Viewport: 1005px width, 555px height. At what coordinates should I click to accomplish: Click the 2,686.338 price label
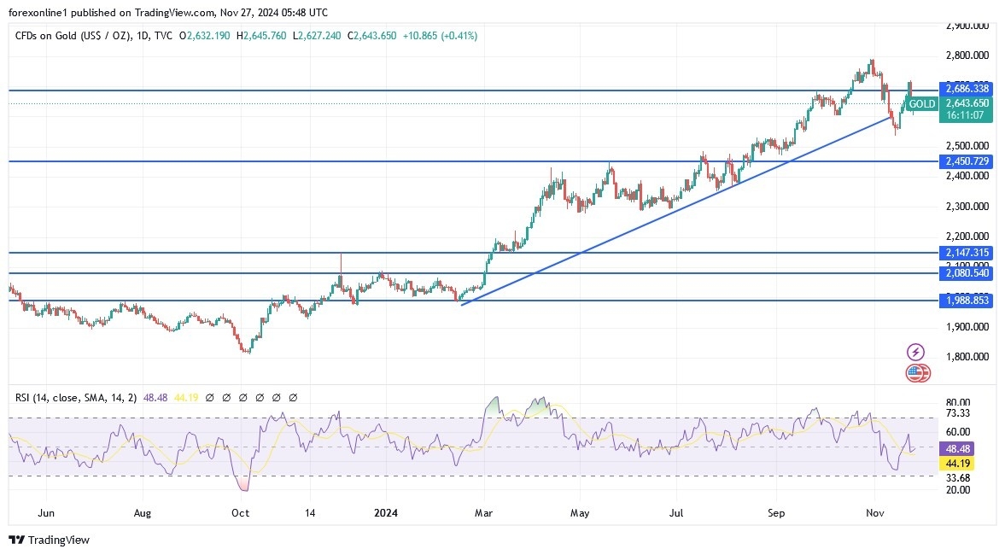pyautogui.click(x=967, y=88)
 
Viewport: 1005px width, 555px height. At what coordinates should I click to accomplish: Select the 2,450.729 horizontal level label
pyautogui.click(x=967, y=161)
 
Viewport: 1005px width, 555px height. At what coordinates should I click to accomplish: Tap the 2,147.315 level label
pyautogui.click(x=967, y=253)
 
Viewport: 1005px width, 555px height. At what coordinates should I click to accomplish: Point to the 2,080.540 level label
pyautogui.click(x=967, y=272)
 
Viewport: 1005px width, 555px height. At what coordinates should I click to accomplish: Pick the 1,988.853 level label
pyautogui.click(x=967, y=300)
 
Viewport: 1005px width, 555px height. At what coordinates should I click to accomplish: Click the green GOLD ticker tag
pyautogui.click(x=921, y=104)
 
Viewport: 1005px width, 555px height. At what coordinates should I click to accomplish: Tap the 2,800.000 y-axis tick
pyautogui.click(x=967, y=55)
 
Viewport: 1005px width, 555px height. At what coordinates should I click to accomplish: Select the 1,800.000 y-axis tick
pyautogui.click(x=967, y=357)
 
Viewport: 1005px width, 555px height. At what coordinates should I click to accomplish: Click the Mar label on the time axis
pyautogui.click(x=484, y=513)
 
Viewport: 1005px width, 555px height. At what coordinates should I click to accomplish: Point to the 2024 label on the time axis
pyautogui.click(x=385, y=513)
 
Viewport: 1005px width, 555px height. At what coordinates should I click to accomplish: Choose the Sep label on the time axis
pyautogui.click(x=776, y=513)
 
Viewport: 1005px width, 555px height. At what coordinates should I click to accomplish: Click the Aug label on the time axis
pyautogui.click(x=143, y=513)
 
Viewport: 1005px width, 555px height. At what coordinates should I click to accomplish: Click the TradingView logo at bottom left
pyautogui.click(x=49, y=540)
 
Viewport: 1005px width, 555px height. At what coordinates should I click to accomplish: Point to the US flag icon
pyautogui.click(x=915, y=372)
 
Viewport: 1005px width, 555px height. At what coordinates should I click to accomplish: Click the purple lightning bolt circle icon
pyautogui.click(x=915, y=352)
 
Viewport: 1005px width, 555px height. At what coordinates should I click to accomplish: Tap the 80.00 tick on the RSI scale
pyautogui.click(x=958, y=402)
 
